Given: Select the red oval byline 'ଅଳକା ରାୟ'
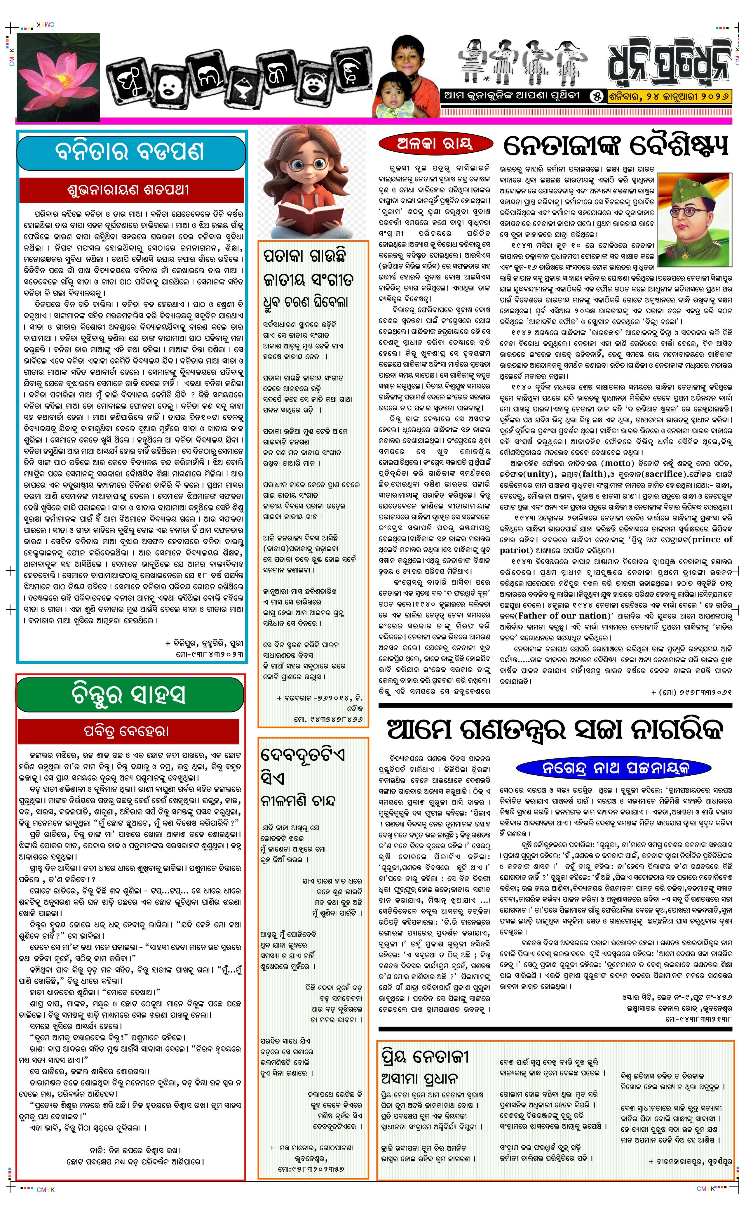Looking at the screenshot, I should coord(435,144).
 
